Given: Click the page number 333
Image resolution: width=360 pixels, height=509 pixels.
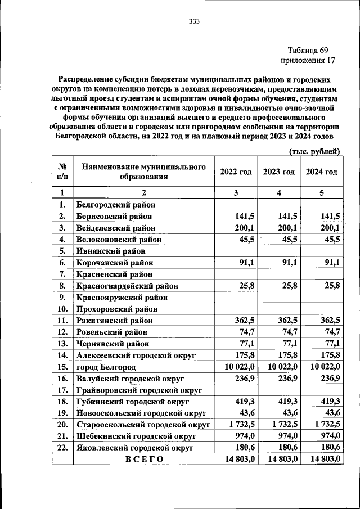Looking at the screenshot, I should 195,22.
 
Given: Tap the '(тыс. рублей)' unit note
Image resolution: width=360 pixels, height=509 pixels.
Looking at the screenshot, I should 314,151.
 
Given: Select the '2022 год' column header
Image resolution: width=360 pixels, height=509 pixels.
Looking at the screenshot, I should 236,172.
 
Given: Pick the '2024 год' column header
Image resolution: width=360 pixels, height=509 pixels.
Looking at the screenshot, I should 321,172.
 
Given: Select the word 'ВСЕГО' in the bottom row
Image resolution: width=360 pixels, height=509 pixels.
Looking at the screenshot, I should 144,459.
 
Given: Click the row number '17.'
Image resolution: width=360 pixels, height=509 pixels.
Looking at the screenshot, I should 62,389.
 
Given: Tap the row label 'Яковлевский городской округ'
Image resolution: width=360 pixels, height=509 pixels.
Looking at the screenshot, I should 135,447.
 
